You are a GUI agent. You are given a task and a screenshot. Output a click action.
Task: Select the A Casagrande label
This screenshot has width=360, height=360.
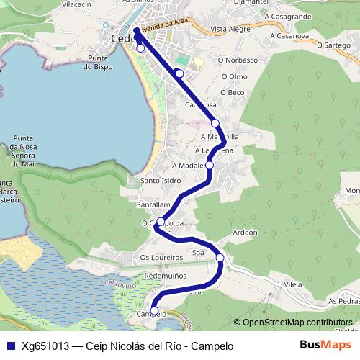click(x=287, y=15)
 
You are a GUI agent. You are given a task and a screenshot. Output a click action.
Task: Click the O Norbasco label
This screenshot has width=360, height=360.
click(x=240, y=60)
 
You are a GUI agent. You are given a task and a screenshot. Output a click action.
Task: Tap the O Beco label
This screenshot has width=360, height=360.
click(x=233, y=92)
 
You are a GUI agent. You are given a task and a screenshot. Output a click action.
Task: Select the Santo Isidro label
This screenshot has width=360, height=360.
click(x=160, y=181)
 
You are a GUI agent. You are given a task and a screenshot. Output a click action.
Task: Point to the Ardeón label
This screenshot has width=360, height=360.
click(x=245, y=233)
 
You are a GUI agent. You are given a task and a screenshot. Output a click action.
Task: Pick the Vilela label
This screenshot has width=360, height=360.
click(x=293, y=285)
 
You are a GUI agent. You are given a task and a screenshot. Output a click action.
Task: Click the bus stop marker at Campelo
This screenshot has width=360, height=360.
click(x=154, y=311)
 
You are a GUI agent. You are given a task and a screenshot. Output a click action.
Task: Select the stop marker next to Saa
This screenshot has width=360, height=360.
click(x=220, y=258)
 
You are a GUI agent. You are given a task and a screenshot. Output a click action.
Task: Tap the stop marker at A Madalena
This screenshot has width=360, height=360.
click(x=210, y=166)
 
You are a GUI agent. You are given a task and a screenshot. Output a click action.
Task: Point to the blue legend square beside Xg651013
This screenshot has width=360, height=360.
click(x=10, y=346)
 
